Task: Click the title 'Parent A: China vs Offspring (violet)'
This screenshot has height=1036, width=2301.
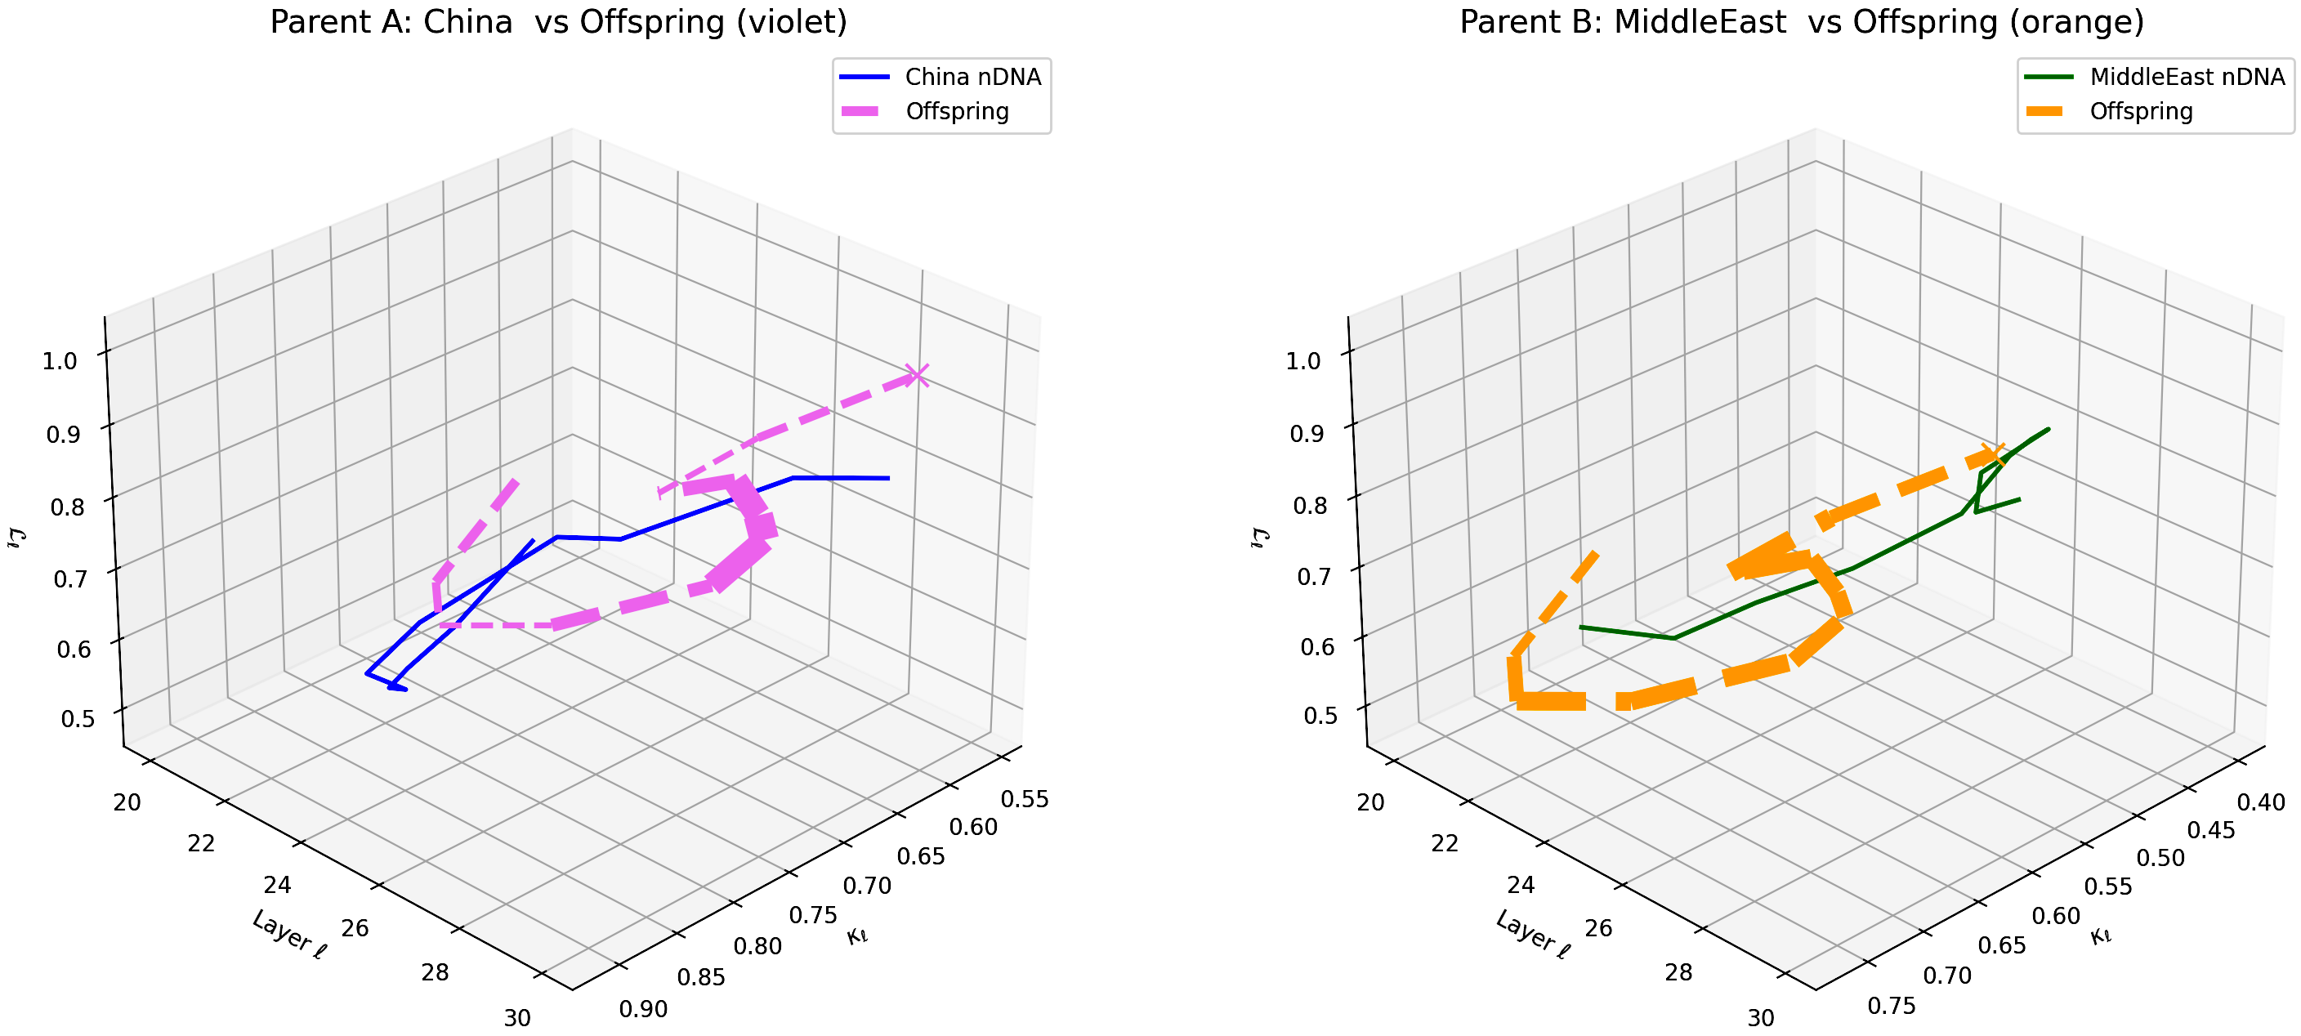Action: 558,21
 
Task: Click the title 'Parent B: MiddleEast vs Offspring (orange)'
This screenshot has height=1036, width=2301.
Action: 1802,21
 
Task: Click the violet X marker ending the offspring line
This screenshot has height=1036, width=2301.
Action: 917,376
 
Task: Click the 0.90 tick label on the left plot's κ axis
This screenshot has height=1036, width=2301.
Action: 643,1009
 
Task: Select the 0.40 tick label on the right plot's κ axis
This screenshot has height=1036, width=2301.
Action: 2261,802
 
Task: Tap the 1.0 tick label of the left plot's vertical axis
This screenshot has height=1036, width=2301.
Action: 60,361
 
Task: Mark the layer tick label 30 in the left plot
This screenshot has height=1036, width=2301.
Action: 517,1018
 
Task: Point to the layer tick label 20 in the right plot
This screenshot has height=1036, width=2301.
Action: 1370,802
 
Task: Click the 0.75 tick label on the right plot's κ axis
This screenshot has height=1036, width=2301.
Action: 1892,1007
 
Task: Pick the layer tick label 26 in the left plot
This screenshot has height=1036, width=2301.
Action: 355,928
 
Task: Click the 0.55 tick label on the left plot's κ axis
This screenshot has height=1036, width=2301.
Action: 1025,799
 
